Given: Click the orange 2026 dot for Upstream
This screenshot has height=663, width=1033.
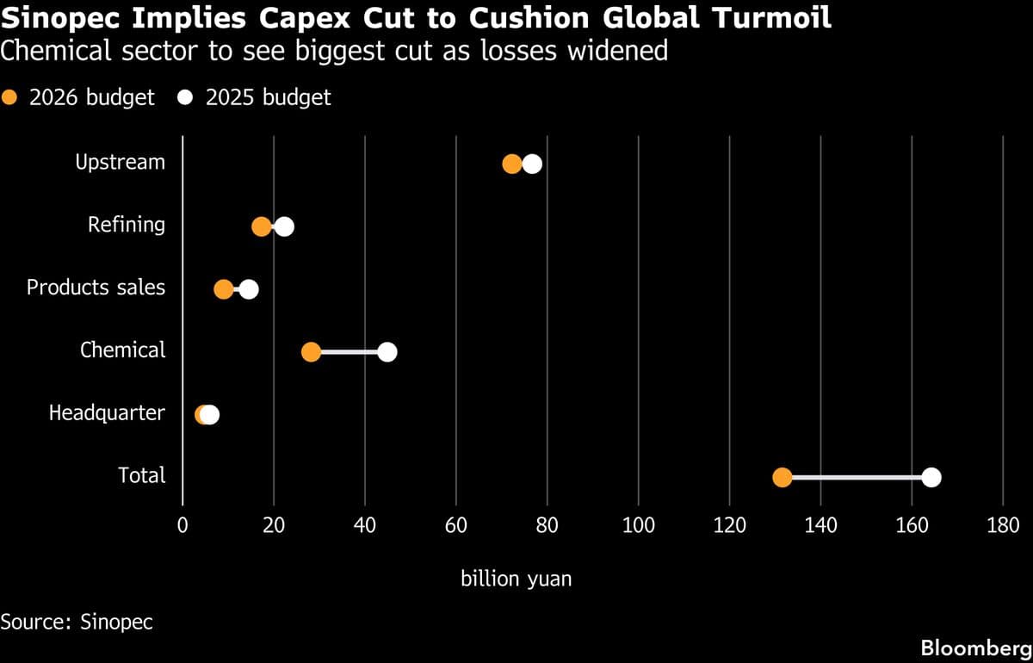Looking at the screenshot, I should (512, 164).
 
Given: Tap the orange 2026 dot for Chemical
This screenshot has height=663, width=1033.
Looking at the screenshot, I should (311, 352).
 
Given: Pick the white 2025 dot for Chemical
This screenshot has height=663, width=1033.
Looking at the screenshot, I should (387, 352).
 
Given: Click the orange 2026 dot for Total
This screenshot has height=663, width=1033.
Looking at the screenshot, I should (782, 478).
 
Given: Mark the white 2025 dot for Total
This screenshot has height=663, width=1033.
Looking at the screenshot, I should (931, 478).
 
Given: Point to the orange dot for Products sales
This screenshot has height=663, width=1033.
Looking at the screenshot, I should (224, 289).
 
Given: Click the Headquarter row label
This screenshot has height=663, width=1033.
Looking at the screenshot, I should (107, 413).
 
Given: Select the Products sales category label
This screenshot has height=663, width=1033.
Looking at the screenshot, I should (96, 288).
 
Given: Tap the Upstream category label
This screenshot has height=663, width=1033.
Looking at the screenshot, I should (120, 162).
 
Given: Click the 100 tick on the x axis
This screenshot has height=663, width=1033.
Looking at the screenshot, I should (638, 524).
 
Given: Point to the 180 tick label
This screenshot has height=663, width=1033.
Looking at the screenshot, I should (1003, 524).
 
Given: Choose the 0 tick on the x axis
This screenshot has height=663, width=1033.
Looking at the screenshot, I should (182, 524).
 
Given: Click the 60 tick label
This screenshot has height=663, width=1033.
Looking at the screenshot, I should (456, 524).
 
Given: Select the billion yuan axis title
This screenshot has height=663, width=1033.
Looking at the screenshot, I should (516, 579).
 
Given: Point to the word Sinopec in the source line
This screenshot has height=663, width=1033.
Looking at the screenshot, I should (116, 621).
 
